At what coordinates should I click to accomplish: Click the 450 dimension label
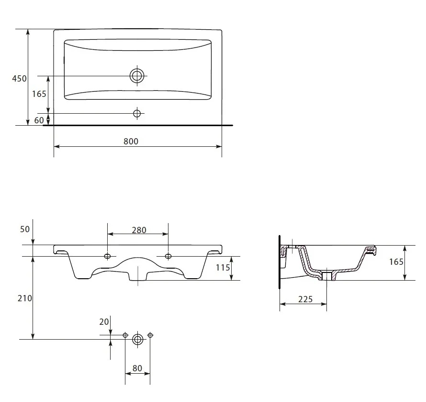tap(19, 79)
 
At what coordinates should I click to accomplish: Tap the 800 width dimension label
tap(131, 141)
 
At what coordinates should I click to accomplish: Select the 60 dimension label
tap(39, 120)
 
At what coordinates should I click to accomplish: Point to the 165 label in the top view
tap(39, 94)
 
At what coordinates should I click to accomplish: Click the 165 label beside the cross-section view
tap(396, 262)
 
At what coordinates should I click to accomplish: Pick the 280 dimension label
tap(139, 230)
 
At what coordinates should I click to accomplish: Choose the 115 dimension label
tap(223, 268)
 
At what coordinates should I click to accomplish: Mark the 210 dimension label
tap(25, 298)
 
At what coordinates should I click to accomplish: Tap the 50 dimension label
tap(25, 229)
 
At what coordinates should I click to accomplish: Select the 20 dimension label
tap(104, 322)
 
